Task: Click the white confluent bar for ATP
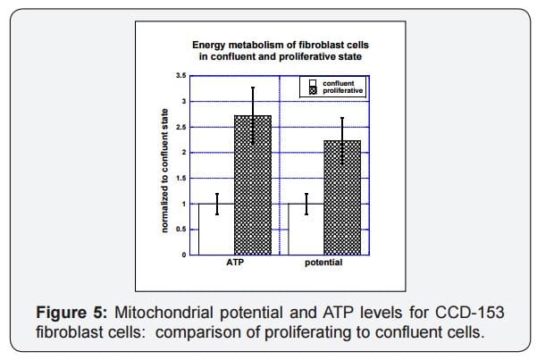tap(216, 230)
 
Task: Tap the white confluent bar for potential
tap(306, 230)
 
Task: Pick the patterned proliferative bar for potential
tap(342, 198)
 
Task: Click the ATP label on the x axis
tap(235, 264)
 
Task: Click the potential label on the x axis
tap(323, 264)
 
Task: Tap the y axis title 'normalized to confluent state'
tap(164, 171)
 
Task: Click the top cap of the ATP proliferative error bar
tap(253, 88)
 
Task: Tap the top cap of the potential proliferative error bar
tap(342, 118)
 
